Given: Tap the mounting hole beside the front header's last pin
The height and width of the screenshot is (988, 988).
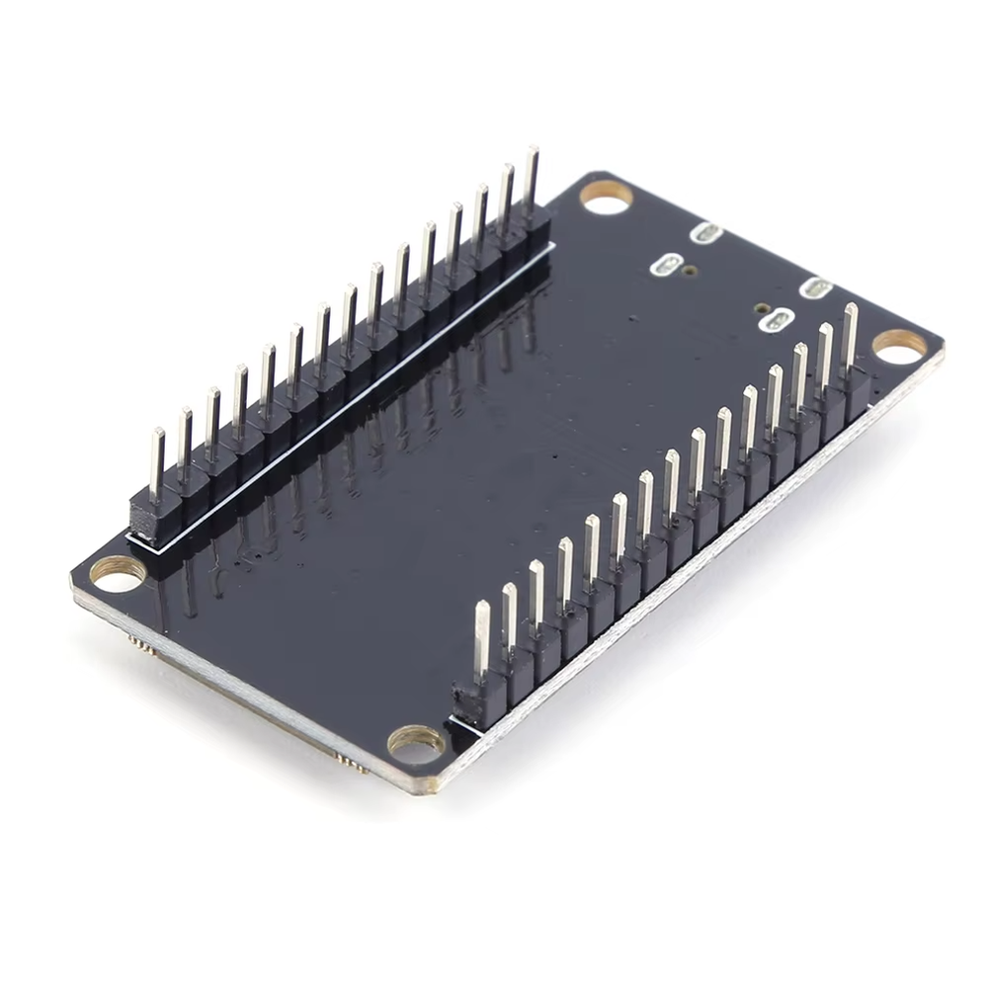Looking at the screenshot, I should coord(899,345).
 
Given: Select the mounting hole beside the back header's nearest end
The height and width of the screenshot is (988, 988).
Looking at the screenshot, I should coord(118,573).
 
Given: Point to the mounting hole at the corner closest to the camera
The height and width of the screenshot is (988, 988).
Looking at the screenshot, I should coord(416,743).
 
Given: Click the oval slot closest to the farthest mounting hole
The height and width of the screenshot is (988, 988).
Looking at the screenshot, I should coord(706,233).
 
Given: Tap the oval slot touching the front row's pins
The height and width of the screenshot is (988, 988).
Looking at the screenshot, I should coord(781,319).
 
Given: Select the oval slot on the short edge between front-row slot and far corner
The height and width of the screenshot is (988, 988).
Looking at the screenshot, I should coord(815,288).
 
